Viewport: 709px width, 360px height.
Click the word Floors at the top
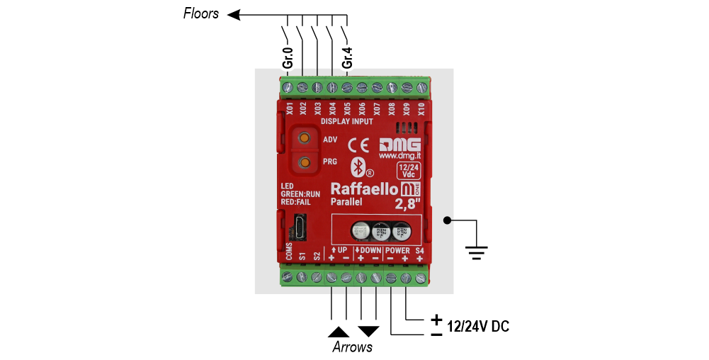pos(201,13)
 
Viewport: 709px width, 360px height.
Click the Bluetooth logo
pos(358,167)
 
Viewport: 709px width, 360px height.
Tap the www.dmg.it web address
pos(401,155)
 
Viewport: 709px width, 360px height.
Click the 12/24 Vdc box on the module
pos(409,171)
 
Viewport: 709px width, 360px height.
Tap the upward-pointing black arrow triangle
pos(339,331)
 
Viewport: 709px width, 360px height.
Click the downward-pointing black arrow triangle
pos(369,331)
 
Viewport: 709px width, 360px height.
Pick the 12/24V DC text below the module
pos(478,327)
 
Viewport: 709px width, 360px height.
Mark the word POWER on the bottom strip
pos(397,251)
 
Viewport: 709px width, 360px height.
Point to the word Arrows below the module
pos(352,347)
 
